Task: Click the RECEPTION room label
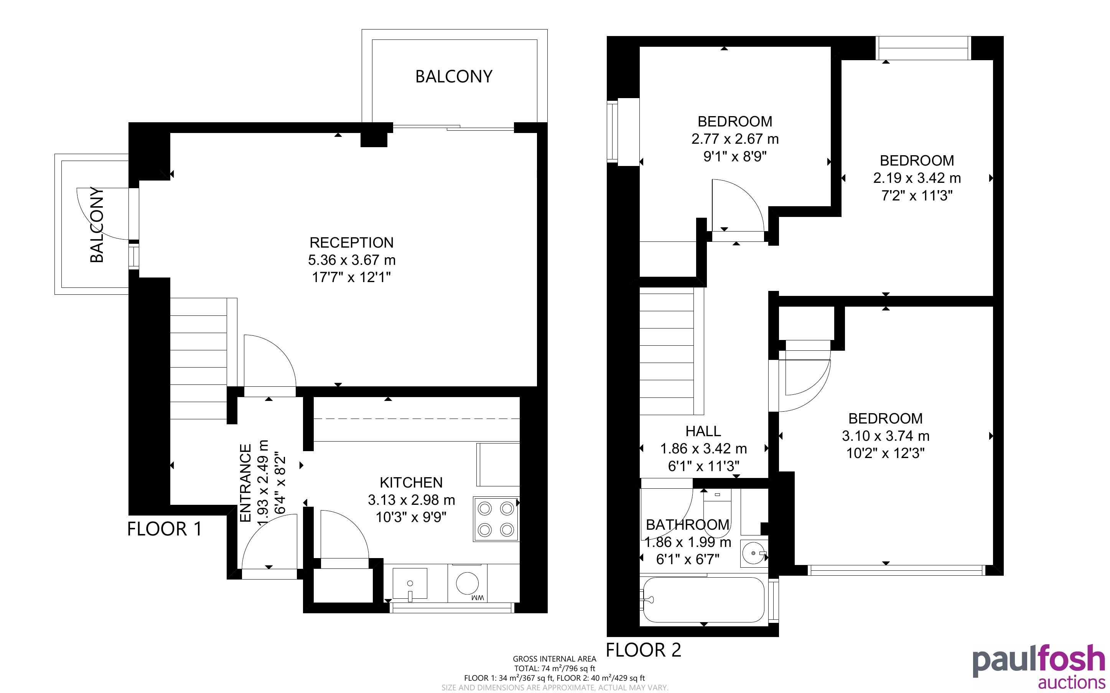click(352, 243)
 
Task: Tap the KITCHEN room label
click(411, 482)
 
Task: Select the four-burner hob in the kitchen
click(496, 519)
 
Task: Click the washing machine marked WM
click(467, 583)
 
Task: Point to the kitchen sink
click(410, 583)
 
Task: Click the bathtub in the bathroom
click(704, 599)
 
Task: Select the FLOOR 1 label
click(164, 529)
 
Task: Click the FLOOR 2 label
click(644, 650)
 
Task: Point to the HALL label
click(703, 431)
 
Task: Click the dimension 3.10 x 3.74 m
click(885, 436)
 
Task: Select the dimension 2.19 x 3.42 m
click(917, 178)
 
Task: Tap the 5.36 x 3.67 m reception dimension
click(352, 260)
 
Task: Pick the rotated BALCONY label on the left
click(97, 225)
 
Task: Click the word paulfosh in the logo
click(1039, 660)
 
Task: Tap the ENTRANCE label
click(246, 483)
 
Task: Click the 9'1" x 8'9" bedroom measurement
click(735, 157)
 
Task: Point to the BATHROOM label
click(688, 524)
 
